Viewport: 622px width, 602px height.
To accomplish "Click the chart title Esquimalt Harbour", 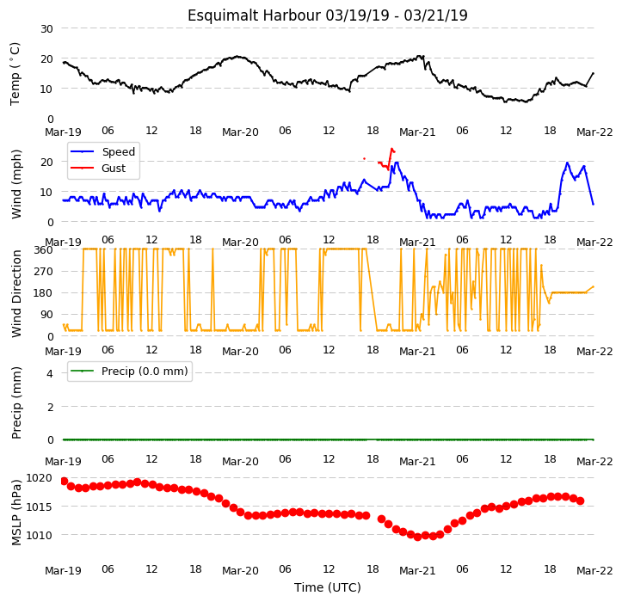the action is [x=254, y=15].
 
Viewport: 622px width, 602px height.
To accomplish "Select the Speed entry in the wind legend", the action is [x=102, y=152].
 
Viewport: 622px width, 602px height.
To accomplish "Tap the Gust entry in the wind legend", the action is [x=98, y=169].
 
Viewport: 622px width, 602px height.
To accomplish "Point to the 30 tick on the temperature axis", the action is [x=46, y=29].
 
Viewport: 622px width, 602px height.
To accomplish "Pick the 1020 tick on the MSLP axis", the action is [x=40, y=478].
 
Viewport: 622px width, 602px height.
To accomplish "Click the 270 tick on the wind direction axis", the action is [x=43, y=272].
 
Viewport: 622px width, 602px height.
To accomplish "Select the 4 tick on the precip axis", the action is [x=50, y=373].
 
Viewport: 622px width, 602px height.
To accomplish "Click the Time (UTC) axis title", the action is [x=328, y=587].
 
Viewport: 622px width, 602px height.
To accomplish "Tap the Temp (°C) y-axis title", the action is [x=15, y=74].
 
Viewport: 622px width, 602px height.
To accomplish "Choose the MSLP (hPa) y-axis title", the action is [x=15, y=513].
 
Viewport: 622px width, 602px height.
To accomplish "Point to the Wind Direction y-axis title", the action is [x=15, y=294].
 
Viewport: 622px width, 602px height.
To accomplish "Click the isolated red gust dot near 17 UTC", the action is [x=364, y=158].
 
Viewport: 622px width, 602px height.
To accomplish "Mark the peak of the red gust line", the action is [x=392, y=149].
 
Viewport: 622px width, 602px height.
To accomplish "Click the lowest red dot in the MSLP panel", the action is [x=418, y=537].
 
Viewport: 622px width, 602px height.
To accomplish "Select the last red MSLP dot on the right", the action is [x=581, y=501].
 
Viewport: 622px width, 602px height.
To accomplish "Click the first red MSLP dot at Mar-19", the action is [x=65, y=481].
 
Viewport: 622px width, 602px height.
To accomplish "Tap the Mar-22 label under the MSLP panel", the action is [x=594, y=571].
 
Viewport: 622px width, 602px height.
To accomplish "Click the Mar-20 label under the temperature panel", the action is [x=240, y=132].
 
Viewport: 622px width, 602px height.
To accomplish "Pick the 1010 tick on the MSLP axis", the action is [x=40, y=536].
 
